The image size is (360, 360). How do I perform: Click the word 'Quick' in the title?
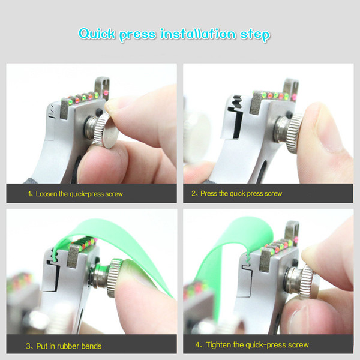tap(97, 34)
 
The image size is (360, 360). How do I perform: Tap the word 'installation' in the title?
tap(198, 34)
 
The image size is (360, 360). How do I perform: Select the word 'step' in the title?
tap(256, 35)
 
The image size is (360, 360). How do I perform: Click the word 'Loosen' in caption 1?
tap(46, 194)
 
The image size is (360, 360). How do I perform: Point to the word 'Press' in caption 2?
tap(209, 194)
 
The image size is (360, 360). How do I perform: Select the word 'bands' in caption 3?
tap(91, 346)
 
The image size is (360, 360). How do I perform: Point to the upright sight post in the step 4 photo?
tap(292, 232)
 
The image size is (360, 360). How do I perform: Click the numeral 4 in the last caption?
tap(197, 345)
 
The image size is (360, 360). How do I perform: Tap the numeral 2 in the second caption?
tap(194, 194)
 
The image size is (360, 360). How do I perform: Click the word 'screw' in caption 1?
tap(114, 194)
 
